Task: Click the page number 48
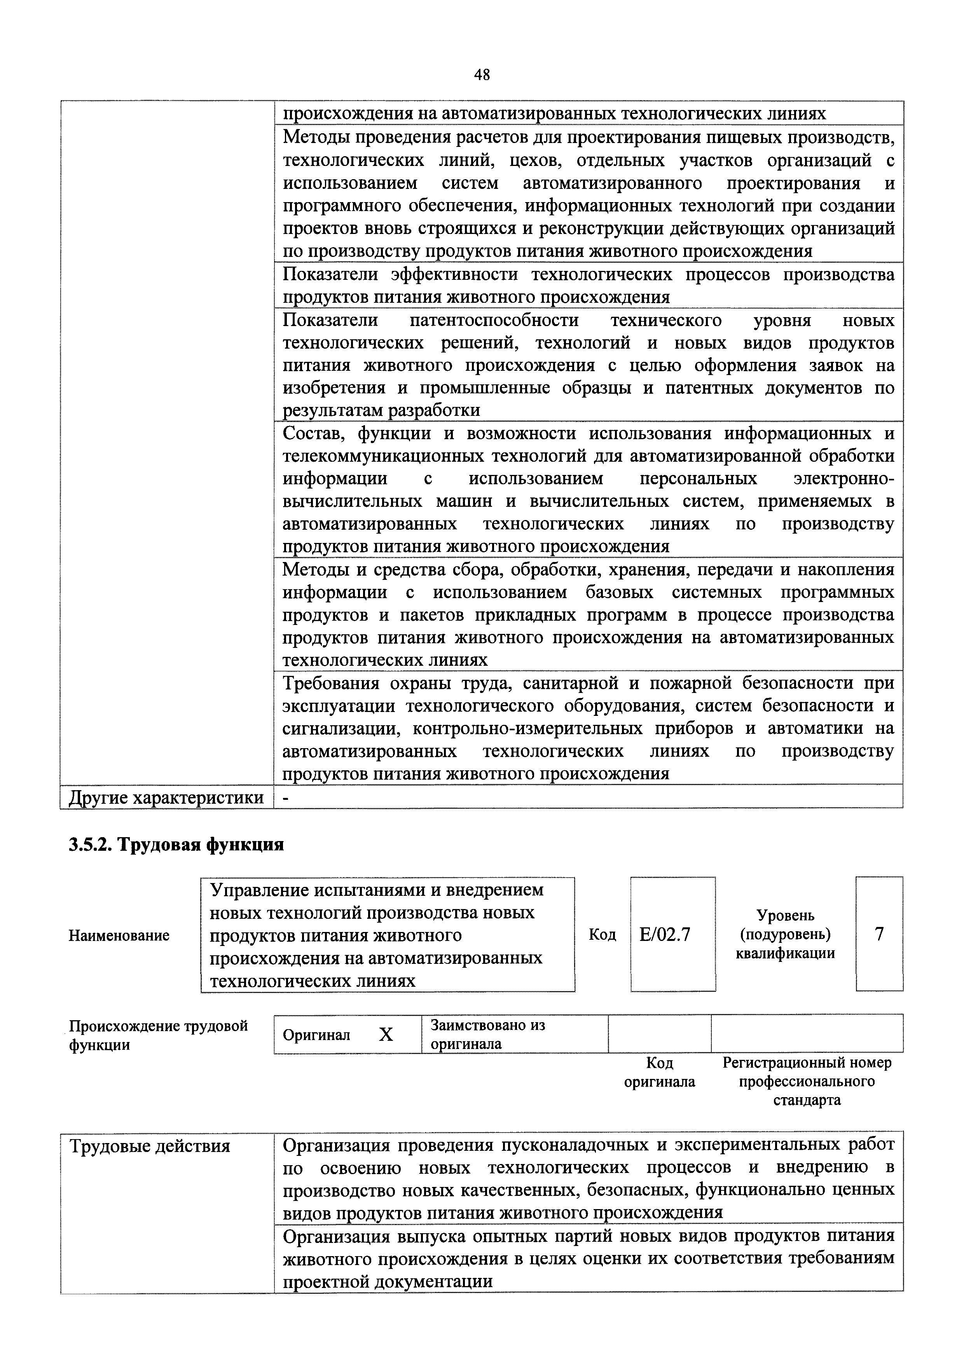pos(482,75)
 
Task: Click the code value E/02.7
pos(665,935)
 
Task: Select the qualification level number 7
pos(879,934)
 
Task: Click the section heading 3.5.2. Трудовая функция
pos(176,844)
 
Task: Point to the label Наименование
pos(119,935)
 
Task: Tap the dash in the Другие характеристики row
pos(286,797)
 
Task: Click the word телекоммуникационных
pos(376,456)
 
